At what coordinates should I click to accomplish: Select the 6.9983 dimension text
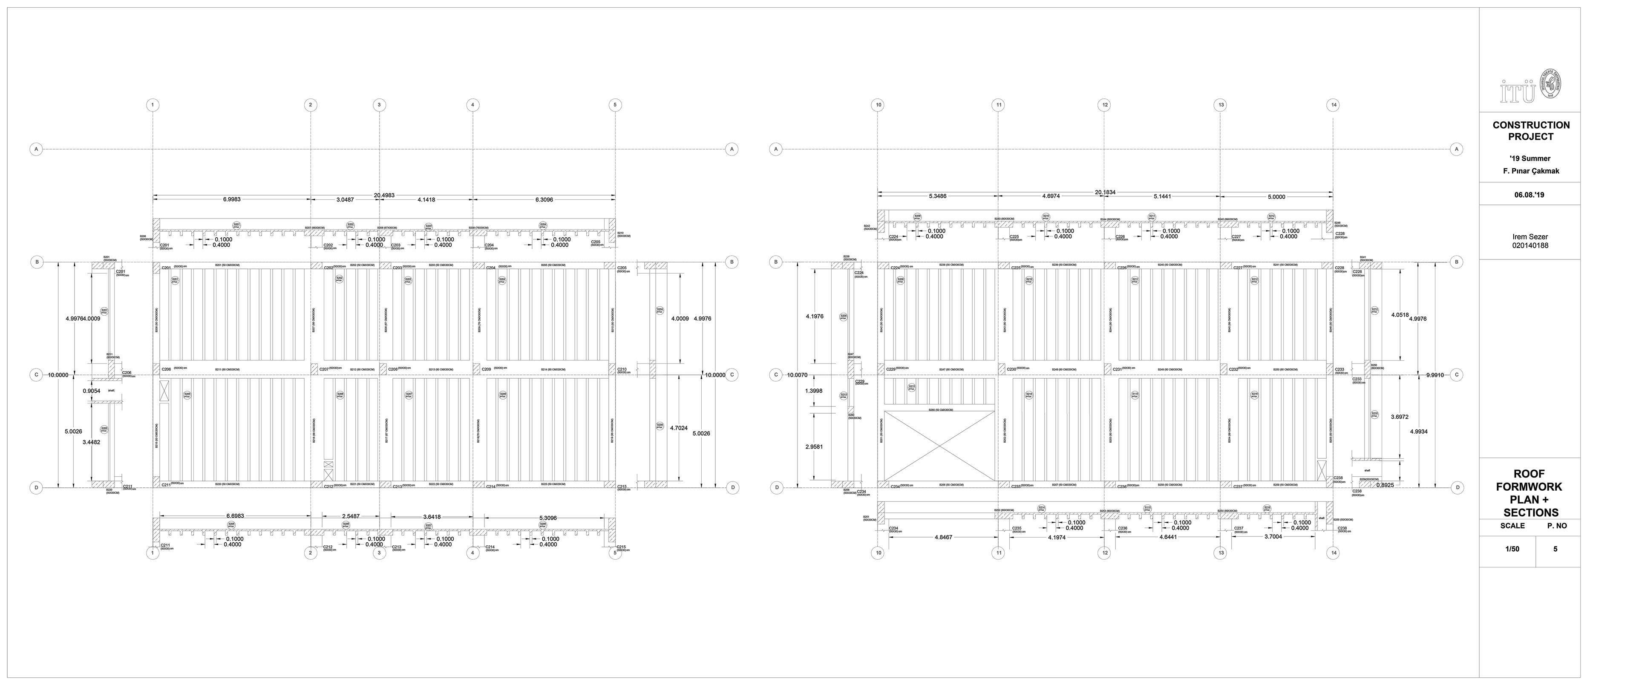click(231, 199)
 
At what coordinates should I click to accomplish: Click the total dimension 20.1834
click(1105, 192)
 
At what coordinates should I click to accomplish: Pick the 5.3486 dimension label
click(937, 196)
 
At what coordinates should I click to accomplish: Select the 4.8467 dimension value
click(943, 537)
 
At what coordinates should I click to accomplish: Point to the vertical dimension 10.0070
click(797, 375)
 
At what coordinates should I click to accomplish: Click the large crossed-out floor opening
click(939, 446)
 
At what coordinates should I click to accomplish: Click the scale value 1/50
click(1512, 549)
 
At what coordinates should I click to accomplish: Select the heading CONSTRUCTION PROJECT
click(1531, 131)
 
